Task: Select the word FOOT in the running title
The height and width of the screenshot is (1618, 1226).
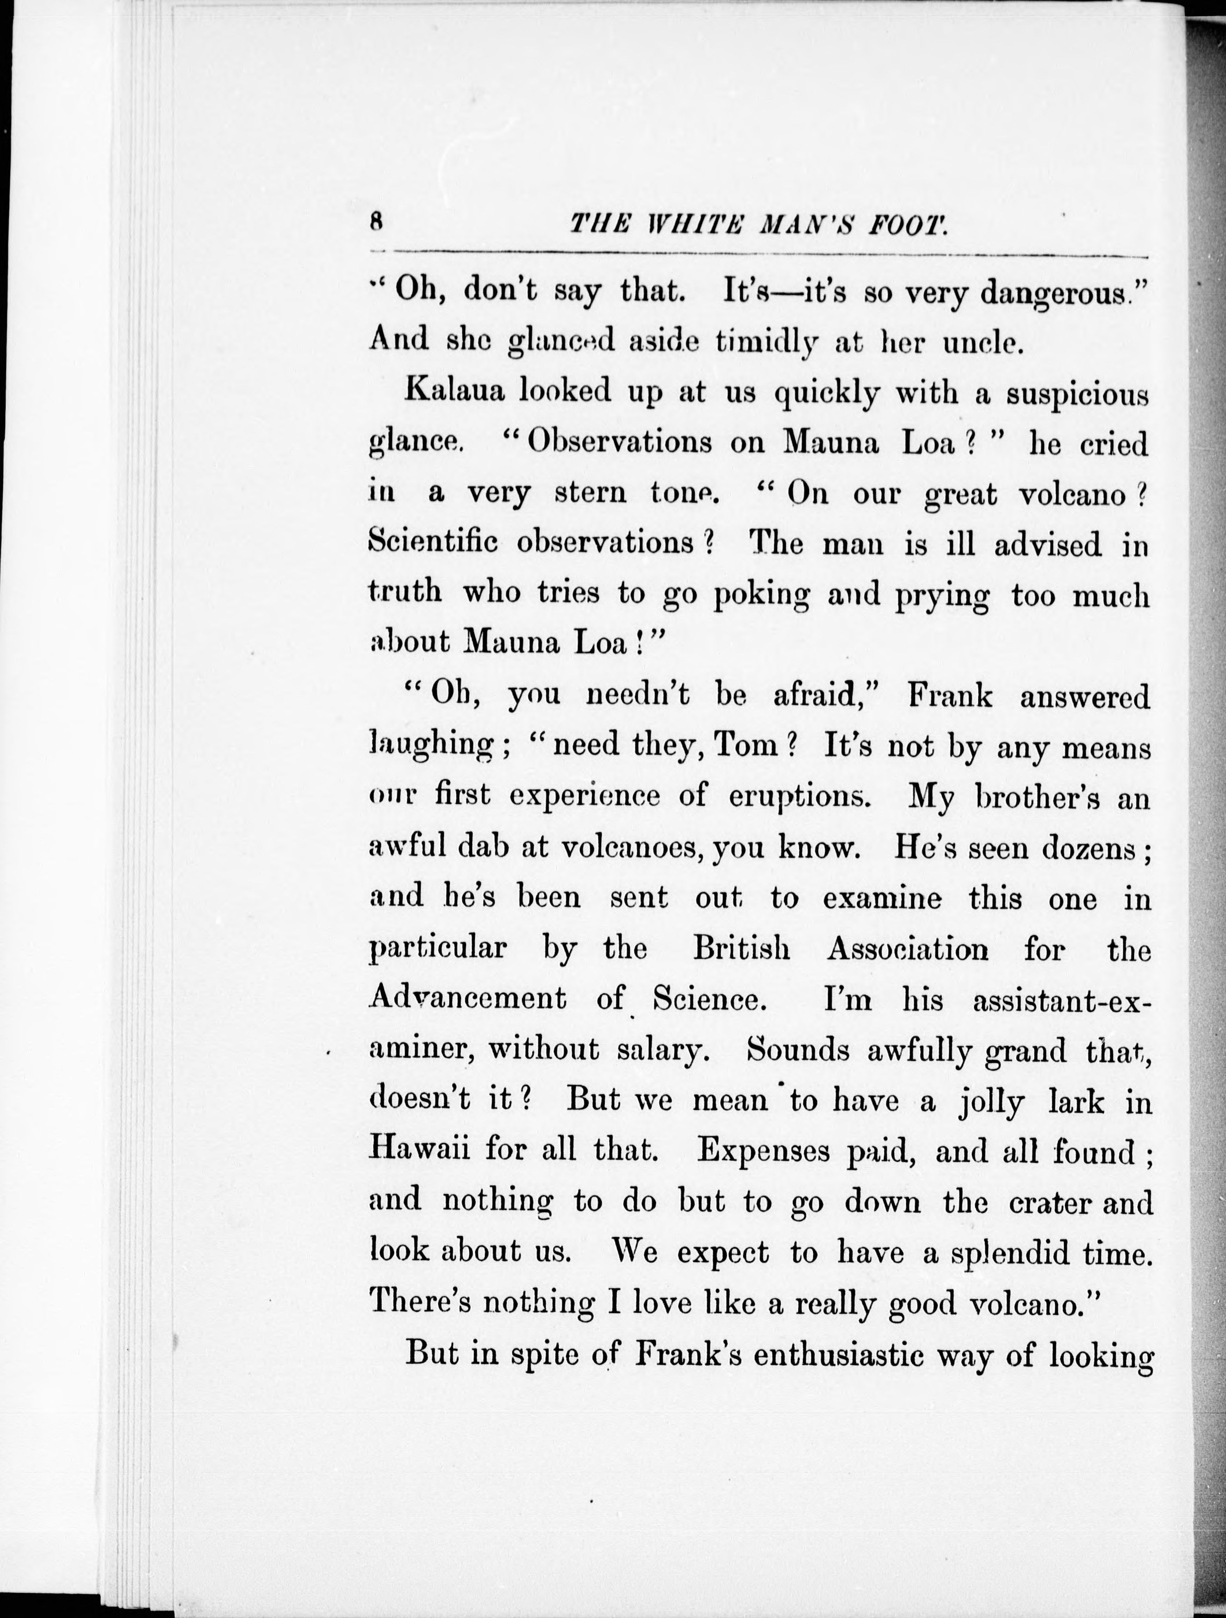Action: click(x=908, y=223)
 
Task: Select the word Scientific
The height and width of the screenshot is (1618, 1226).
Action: click(x=435, y=543)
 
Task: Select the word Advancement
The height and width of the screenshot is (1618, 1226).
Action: click(x=468, y=998)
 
